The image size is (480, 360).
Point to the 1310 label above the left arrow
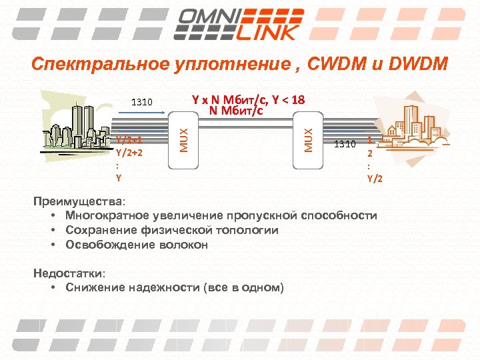[142, 103]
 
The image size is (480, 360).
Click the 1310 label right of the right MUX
[345, 143]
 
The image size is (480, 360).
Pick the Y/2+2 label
[129, 152]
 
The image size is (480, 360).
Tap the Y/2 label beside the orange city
[374, 178]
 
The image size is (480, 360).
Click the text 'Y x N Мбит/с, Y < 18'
[248, 100]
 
